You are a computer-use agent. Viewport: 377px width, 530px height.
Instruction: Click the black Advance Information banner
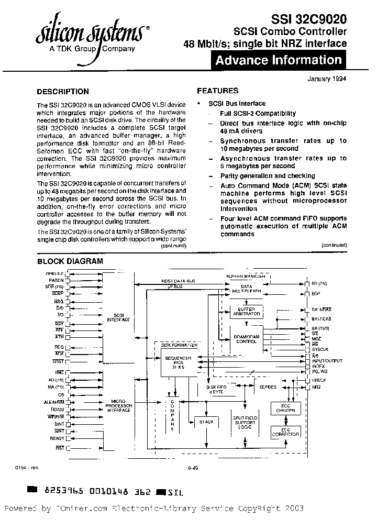279,60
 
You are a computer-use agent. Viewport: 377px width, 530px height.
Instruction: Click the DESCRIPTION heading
63,91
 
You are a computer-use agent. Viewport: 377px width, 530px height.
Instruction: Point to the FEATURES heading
218,91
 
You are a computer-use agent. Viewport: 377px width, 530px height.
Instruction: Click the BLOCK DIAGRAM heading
70,261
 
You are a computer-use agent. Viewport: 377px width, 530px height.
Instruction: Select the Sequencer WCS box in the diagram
179,362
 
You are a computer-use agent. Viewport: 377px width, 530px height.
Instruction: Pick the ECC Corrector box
285,433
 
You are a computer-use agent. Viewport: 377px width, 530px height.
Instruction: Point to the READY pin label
57,438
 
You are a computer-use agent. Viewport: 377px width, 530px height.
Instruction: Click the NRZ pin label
316,387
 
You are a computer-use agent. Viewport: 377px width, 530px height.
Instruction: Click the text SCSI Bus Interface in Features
237,104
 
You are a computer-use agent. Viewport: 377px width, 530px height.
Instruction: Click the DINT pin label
59,423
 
